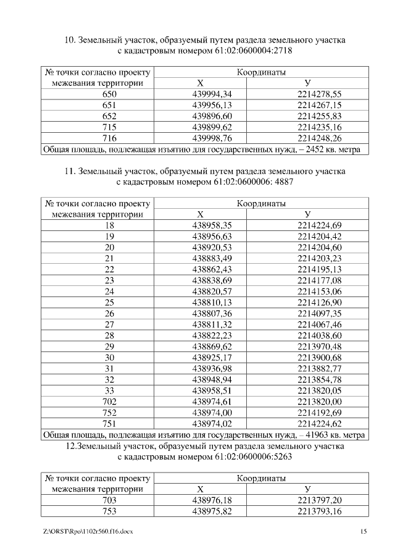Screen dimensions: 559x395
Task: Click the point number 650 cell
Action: (x=109, y=95)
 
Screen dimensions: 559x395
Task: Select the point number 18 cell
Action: (x=109, y=225)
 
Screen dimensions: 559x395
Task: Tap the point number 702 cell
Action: (x=109, y=401)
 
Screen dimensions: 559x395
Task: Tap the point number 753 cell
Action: (x=109, y=511)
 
